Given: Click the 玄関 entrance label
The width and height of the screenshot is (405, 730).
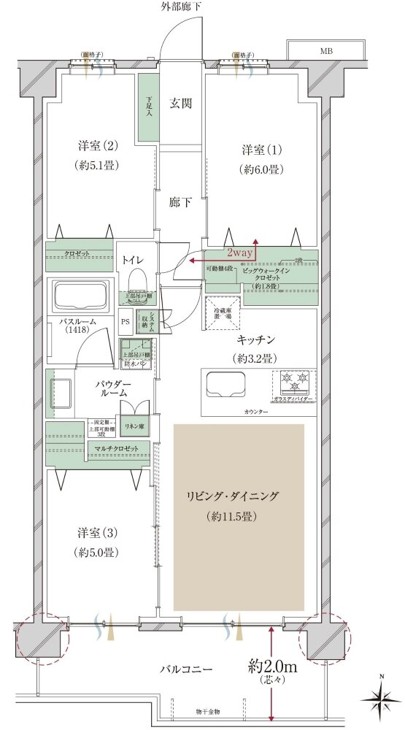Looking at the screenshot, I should tap(181, 103).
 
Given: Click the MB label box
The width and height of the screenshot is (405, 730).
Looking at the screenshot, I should tap(325, 50).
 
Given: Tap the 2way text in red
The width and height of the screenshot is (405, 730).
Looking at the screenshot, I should tap(239, 253).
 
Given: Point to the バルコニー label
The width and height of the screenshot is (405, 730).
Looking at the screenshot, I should tap(187, 668).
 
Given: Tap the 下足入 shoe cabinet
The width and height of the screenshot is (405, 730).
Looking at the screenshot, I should tap(148, 107).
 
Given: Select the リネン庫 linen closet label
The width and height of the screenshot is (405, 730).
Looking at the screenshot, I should tap(134, 426).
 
